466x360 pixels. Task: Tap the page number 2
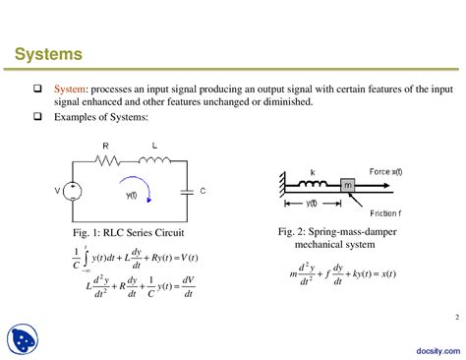tap(455, 288)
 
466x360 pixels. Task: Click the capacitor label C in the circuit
tap(202, 190)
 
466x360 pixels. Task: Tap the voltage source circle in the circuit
tap(72, 190)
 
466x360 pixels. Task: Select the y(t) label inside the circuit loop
tap(130, 195)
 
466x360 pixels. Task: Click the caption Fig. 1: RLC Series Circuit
tap(128, 233)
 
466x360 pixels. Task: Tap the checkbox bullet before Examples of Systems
tap(37, 117)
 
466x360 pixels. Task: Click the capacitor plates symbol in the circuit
tap(188, 190)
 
